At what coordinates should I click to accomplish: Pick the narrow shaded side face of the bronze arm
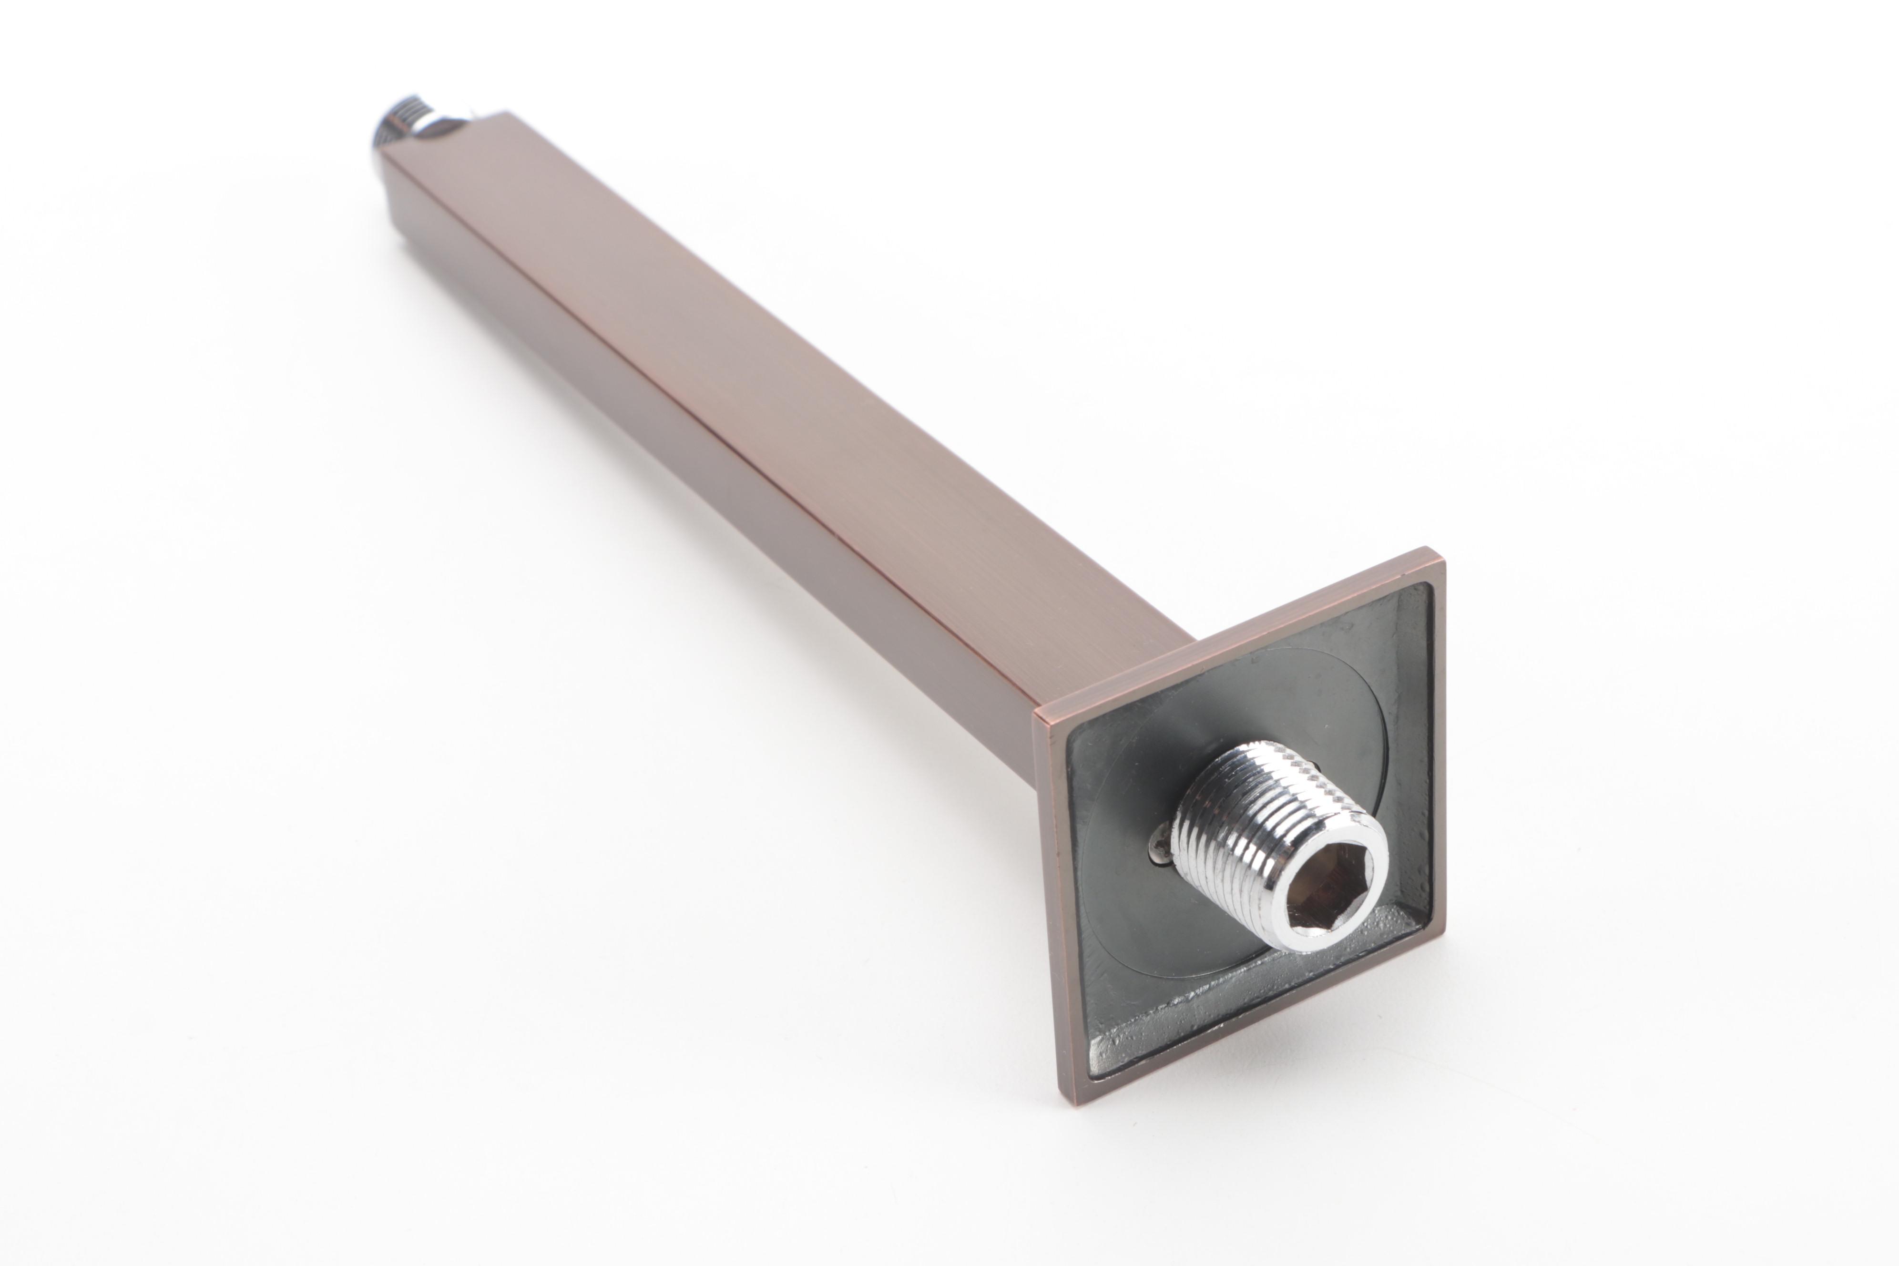(646, 420)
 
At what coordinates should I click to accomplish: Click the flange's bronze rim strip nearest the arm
(1227, 638)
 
